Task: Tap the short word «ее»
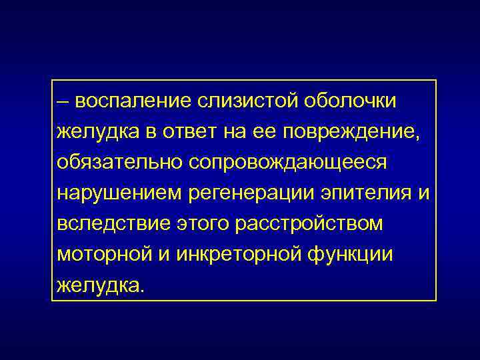[x=265, y=132]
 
